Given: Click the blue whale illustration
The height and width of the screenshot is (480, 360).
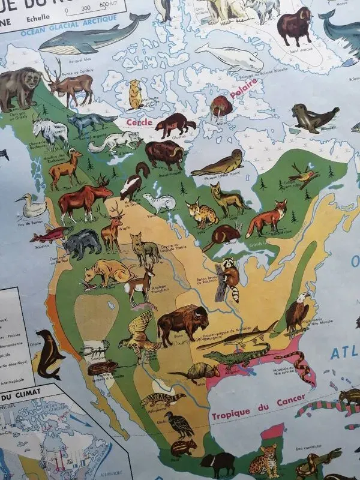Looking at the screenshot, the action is (x=90, y=39).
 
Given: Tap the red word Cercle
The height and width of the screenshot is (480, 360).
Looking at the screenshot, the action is (x=139, y=122).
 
